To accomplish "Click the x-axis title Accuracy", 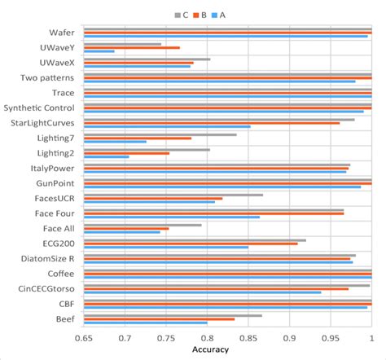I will click(x=210, y=349).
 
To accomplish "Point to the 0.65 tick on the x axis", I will click(x=84, y=336).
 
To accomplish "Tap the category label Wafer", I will click(x=63, y=32).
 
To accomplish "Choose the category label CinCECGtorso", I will click(x=50, y=288).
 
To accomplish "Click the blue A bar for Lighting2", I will click(x=107, y=156).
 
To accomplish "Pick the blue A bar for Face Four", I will click(x=172, y=217).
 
